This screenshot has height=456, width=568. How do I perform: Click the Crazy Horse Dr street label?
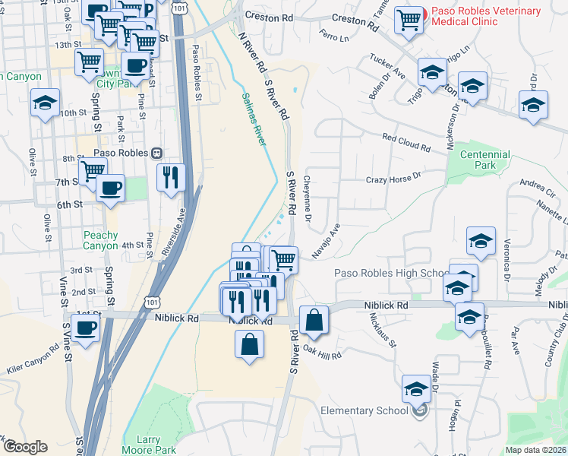(393, 178)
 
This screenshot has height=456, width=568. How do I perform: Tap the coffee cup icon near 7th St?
(111, 187)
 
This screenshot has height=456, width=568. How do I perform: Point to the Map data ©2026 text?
(536, 450)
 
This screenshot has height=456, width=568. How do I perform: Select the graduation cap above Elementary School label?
(416, 389)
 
